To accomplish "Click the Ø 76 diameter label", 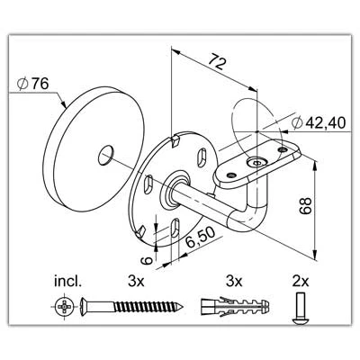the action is [x=33, y=84].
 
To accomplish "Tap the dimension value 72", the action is [x=217, y=61].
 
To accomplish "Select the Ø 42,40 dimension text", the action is [x=319, y=123].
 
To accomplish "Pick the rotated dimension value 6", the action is [x=147, y=260].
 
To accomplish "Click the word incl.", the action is [x=67, y=282].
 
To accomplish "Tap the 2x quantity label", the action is [x=301, y=282].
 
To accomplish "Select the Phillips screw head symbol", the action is [x=65, y=307].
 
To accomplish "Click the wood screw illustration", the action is [x=132, y=306].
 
